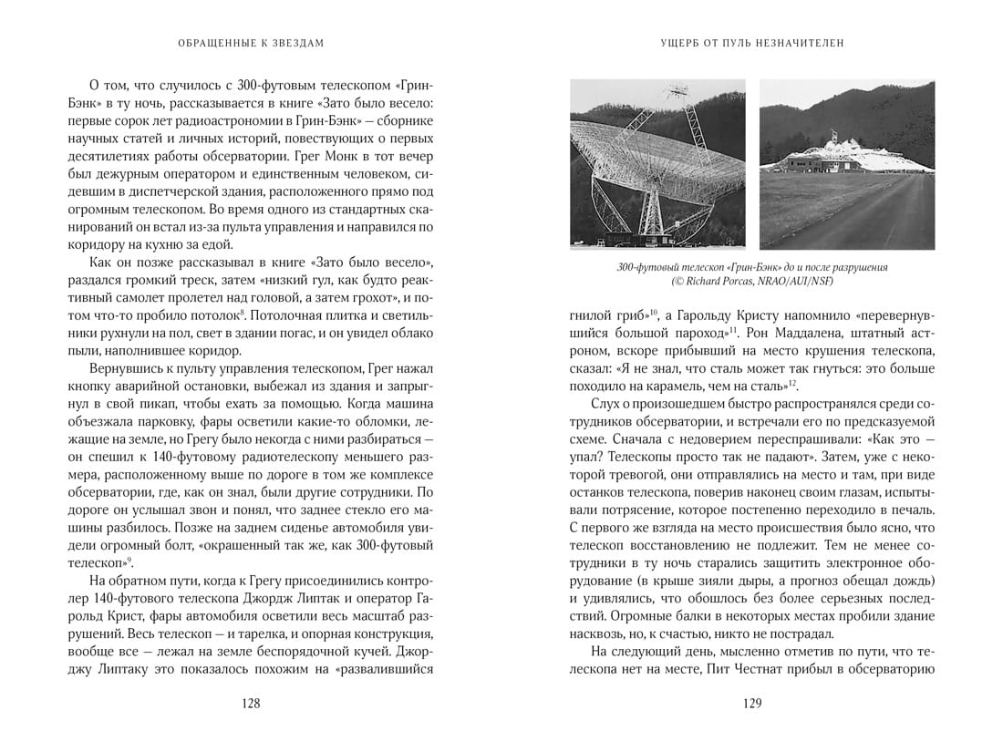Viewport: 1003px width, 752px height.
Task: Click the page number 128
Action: tap(251, 703)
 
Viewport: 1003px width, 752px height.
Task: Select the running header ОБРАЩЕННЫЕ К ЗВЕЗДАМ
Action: tap(251, 42)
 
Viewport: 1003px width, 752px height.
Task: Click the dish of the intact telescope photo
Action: tap(638, 150)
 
